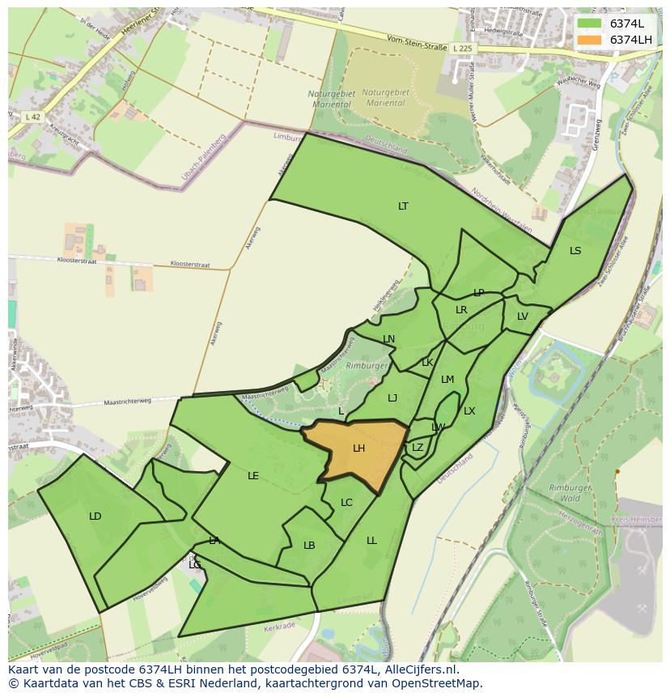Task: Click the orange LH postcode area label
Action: [x=358, y=448]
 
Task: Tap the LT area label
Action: [x=403, y=206]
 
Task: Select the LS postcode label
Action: [x=575, y=251]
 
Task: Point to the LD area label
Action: [x=95, y=516]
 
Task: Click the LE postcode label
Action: [x=253, y=476]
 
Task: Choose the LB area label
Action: [x=309, y=546]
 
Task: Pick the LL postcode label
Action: [x=371, y=541]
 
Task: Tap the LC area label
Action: [x=346, y=503]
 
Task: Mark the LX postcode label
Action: [x=469, y=411]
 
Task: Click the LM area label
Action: [x=447, y=380]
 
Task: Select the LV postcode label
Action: [x=523, y=317]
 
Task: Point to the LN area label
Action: [x=389, y=339]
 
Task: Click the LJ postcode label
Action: [x=392, y=398]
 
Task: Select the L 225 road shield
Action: [x=463, y=49]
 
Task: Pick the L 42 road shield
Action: [x=33, y=117]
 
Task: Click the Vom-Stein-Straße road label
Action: [x=417, y=45]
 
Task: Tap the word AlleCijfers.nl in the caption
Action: [x=422, y=670]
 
